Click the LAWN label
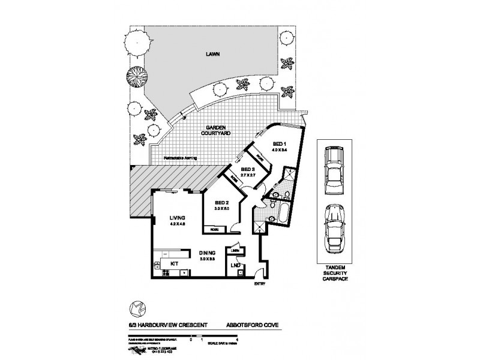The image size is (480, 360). (211, 54)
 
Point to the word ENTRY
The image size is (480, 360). (259, 284)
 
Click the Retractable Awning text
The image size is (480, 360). (182, 158)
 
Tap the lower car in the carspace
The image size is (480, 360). (333, 229)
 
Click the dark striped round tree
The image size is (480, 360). (135, 76)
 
